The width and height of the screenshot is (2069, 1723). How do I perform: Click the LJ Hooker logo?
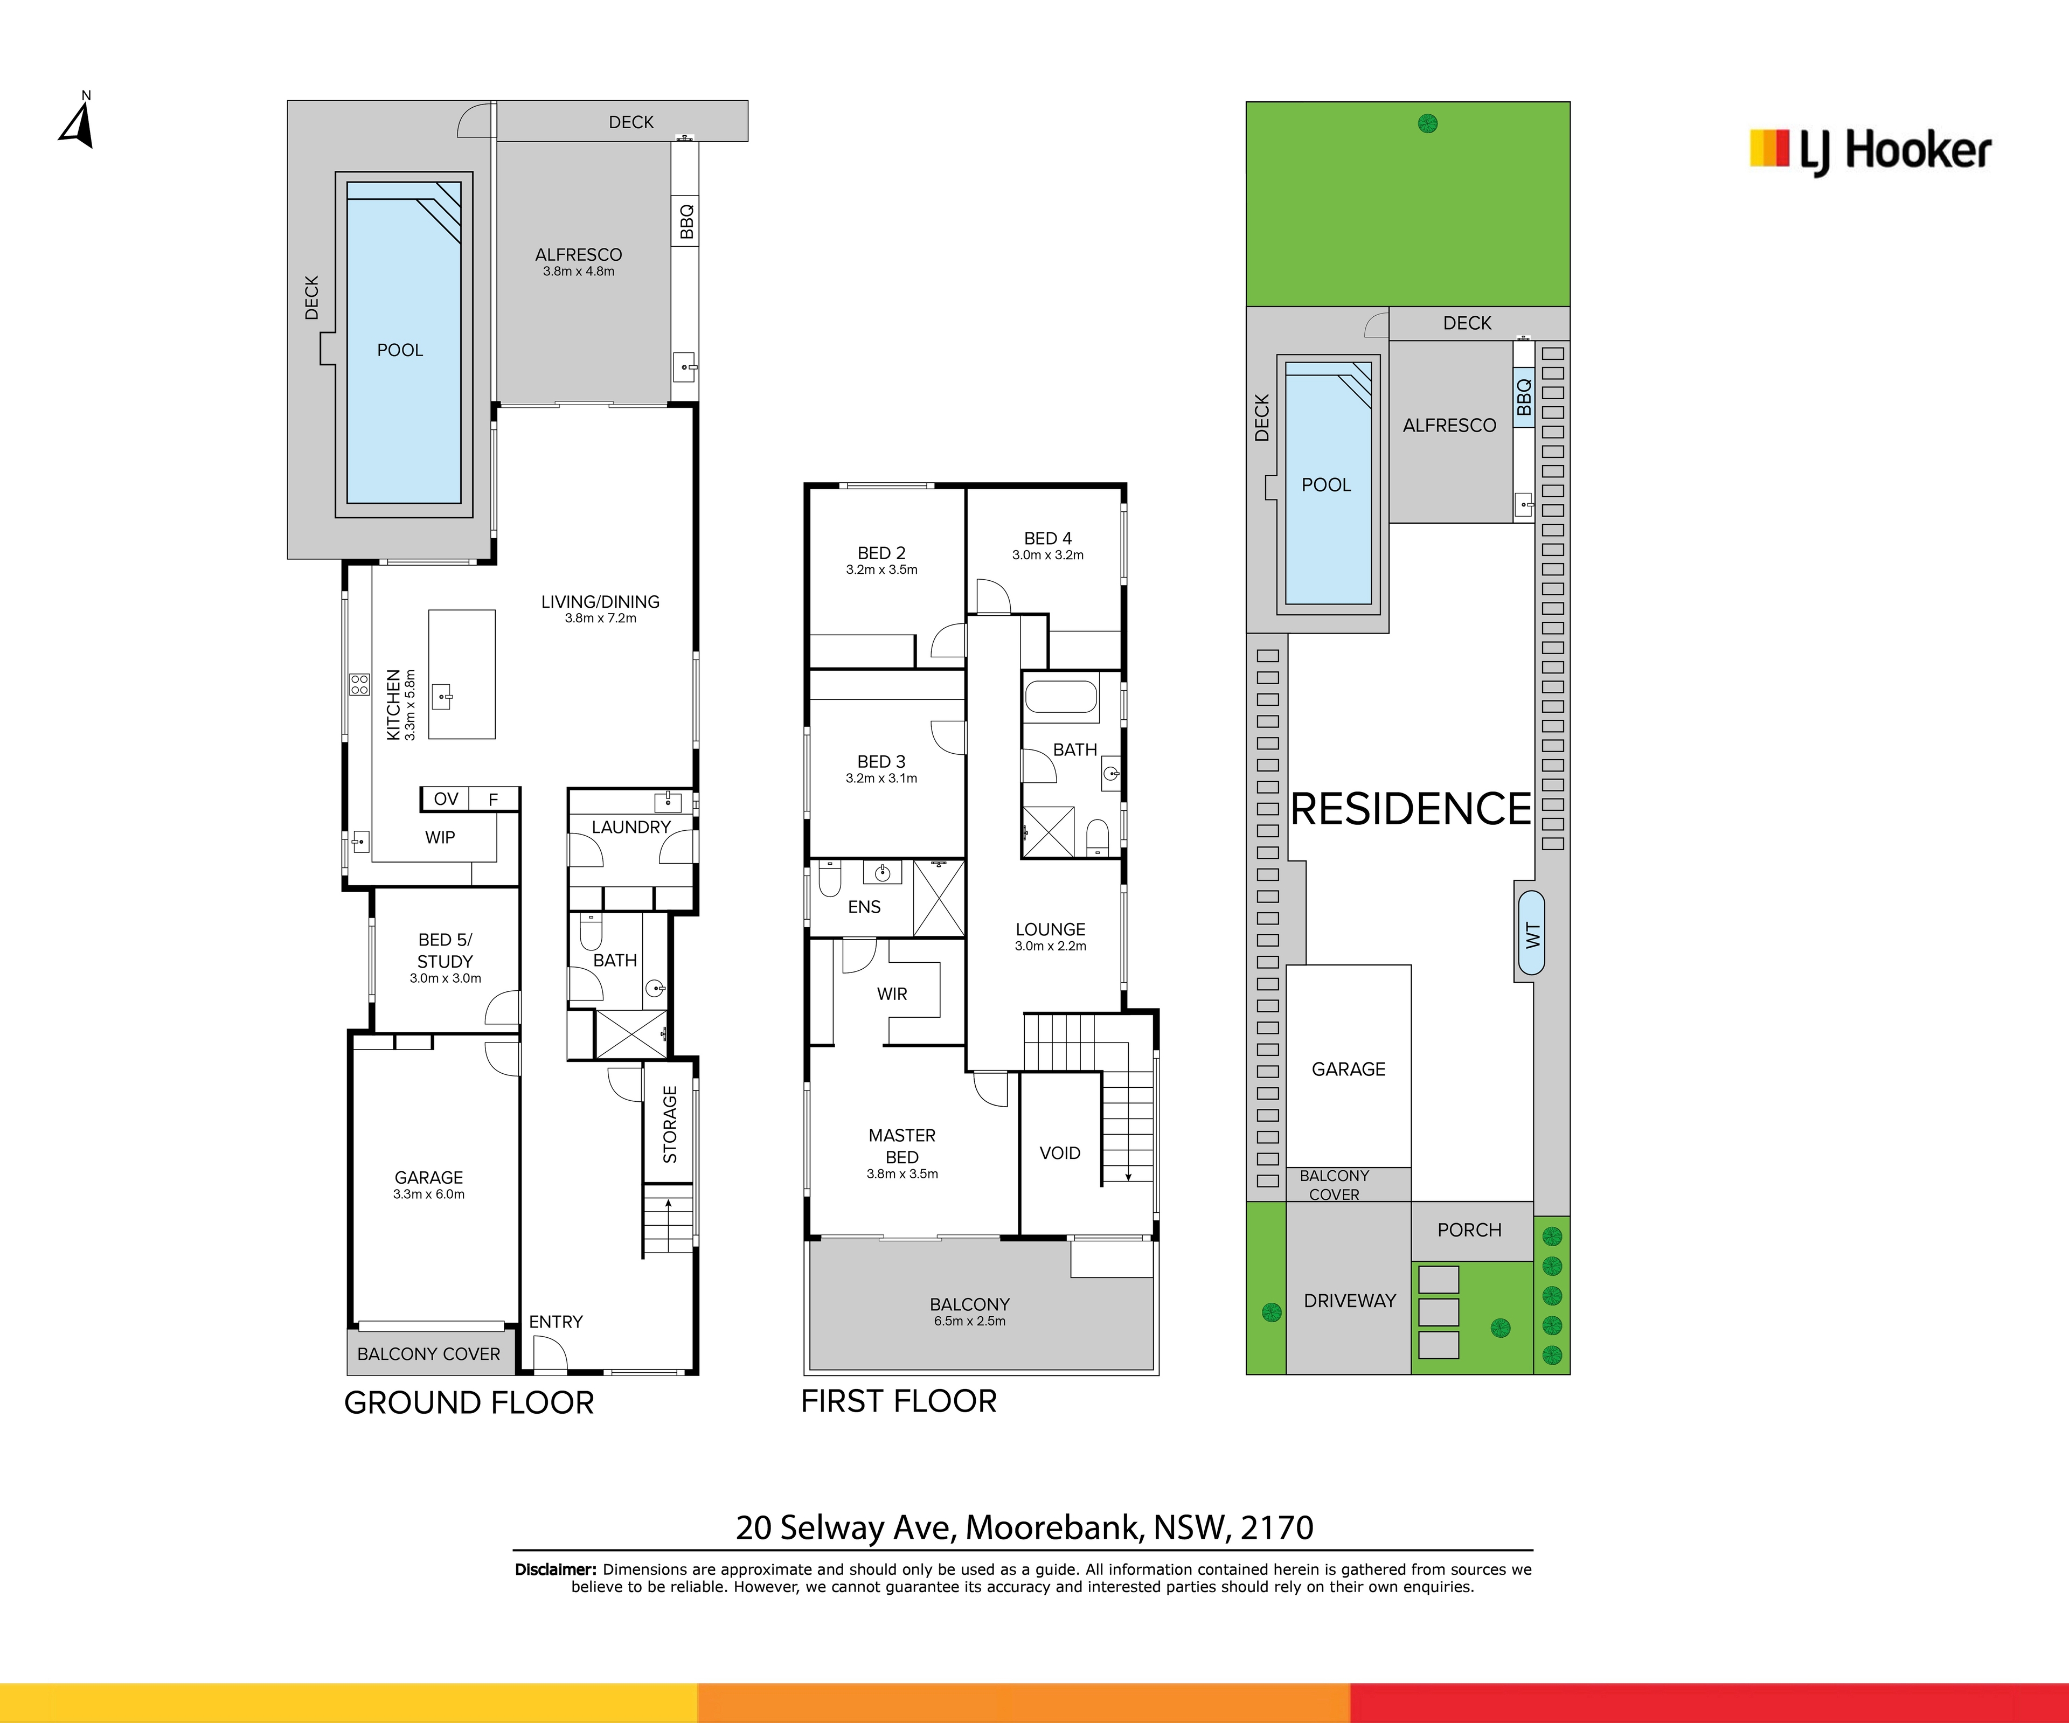(x=1870, y=152)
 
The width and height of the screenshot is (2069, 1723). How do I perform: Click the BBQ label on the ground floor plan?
(x=687, y=221)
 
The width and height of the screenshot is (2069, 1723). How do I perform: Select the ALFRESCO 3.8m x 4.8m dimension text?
(x=578, y=271)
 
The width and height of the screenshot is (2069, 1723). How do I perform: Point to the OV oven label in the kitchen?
(x=446, y=799)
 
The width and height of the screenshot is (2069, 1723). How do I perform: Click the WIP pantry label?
(x=440, y=837)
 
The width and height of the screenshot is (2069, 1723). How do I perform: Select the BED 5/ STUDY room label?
(x=446, y=950)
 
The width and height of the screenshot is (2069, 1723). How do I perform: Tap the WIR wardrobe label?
(x=893, y=994)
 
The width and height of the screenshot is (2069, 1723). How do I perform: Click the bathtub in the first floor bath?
(x=1061, y=697)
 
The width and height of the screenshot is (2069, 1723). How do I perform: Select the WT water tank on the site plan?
(x=1531, y=933)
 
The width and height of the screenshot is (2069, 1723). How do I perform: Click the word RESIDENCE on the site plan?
(x=1411, y=809)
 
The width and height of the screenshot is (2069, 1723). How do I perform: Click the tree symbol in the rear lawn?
(x=1428, y=124)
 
